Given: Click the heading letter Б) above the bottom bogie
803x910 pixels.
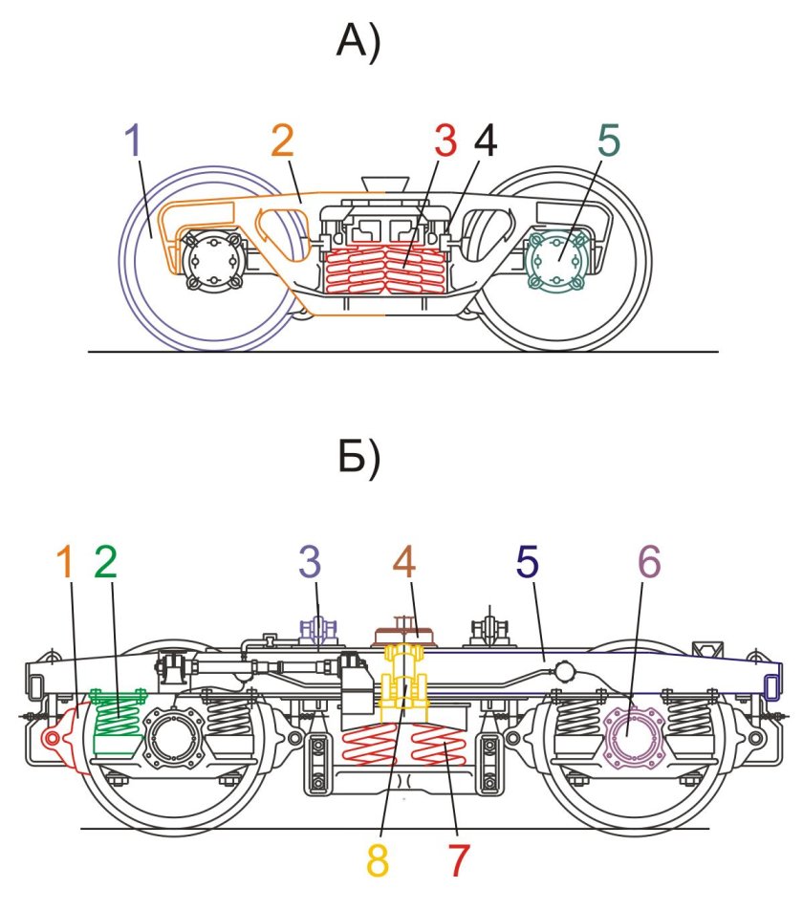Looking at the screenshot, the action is click(x=358, y=459).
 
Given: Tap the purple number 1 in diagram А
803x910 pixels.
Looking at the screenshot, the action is click(x=134, y=141).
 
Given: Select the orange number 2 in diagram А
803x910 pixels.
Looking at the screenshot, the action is click(x=283, y=141).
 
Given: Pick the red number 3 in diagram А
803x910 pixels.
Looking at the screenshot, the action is click(x=445, y=141).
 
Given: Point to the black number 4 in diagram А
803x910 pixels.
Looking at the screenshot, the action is click(x=485, y=141).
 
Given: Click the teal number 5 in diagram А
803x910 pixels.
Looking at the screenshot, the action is click(x=609, y=141).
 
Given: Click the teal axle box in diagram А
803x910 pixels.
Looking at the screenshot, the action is click(x=557, y=259).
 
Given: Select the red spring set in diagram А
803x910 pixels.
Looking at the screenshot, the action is click(x=385, y=271).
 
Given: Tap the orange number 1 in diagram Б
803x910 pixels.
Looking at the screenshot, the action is click(x=66, y=562).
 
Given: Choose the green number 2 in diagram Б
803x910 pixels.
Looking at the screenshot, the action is click(x=105, y=562).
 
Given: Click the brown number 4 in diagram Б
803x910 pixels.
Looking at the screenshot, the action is click(x=404, y=562).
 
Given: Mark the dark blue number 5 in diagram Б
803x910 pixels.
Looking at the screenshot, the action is click(x=527, y=562).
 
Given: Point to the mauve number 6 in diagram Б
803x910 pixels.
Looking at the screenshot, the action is click(x=649, y=562).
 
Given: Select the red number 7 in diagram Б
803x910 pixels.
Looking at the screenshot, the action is click(x=458, y=860).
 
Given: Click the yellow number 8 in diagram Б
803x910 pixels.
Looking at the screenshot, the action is click(x=378, y=860).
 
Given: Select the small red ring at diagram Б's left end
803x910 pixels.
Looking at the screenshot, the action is click(x=51, y=738).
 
